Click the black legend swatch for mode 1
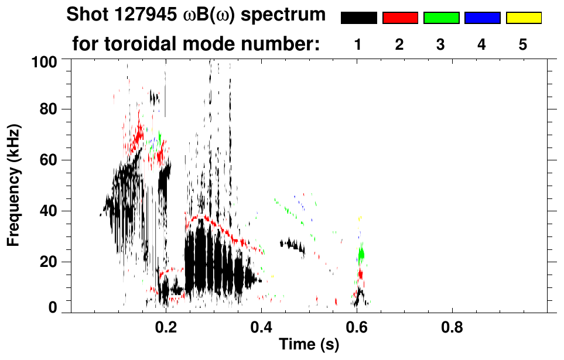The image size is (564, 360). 358,18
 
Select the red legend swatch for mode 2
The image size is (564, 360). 400,18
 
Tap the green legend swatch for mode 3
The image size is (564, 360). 441,18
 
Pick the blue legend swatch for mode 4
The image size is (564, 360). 482,18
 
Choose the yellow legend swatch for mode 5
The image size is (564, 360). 523,18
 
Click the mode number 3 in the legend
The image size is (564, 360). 441,44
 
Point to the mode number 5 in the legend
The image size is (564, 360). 523,44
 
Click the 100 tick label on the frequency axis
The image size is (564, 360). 45,60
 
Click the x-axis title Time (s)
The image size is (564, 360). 309,345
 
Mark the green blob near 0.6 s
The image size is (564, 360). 361,253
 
